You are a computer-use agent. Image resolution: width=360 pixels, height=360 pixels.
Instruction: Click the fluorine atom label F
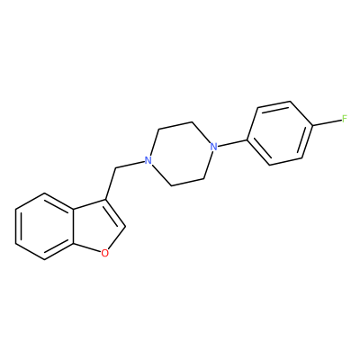pos(345,119)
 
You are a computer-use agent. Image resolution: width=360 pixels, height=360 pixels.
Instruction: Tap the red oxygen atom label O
pos(104,254)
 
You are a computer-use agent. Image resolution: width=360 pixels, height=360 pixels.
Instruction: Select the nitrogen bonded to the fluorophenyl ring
pos(213,147)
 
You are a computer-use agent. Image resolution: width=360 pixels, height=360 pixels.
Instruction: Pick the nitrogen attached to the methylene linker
pos(148,160)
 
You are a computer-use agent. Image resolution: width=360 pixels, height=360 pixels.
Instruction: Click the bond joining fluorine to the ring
pos(327,122)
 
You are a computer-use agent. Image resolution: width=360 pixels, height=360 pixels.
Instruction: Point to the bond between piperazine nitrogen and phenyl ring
pos(232,143)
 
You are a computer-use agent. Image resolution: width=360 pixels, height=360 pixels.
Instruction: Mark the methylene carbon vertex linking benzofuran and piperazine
pos(115,168)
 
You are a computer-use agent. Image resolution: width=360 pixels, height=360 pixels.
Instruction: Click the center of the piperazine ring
pos(181,154)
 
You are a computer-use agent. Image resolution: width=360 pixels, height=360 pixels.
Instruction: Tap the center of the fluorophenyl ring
pos(280,133)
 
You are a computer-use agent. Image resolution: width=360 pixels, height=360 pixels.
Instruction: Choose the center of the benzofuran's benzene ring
pos(44,227)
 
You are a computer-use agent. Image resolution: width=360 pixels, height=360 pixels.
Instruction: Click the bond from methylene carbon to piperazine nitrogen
pos(130,165)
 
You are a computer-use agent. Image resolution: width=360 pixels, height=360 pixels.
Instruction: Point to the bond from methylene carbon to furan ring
pos(111,184)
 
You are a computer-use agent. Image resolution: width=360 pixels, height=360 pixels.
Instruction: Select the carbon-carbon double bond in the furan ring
pos(115,212)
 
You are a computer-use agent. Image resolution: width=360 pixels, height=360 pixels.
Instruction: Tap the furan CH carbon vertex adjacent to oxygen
pos(125,227)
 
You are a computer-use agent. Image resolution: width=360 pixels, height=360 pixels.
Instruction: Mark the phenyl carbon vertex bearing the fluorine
pos(313,126)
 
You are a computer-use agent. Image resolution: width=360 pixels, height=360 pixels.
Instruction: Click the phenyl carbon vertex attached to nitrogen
pos(247,139)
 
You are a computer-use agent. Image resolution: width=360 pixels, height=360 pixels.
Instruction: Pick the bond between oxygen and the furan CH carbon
pos(117,238)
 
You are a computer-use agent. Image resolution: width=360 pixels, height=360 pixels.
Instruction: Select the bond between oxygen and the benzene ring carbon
pos(86,247)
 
